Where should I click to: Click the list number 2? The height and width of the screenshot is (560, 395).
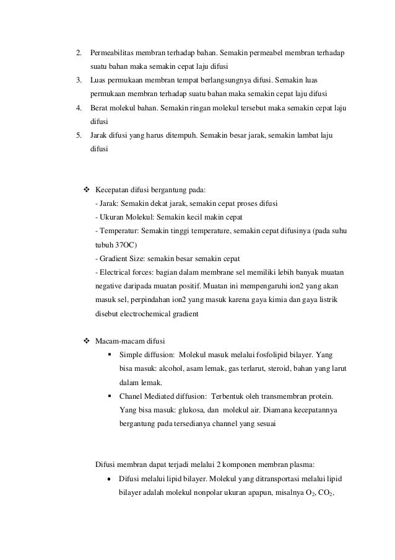click(78, 51)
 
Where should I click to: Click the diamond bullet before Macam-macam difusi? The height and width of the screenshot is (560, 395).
click(87, 340)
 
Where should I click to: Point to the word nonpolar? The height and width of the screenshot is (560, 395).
click(206, 494)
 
